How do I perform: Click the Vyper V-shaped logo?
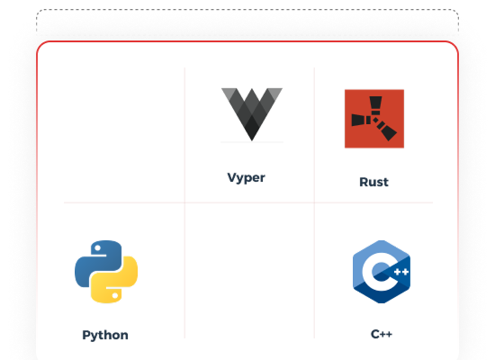252,113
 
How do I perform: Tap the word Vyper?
247,178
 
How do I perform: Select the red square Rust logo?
374,119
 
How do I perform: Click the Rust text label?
373,182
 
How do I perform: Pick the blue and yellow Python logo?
106,272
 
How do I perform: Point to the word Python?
105,335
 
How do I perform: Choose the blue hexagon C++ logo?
382,272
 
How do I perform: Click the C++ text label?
382,334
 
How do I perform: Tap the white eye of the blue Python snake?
97,248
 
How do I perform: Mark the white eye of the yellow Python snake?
115,295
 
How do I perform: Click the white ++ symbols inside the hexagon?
401,272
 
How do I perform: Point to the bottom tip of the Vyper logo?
252,140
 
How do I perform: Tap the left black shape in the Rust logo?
361,120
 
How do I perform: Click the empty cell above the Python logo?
124,135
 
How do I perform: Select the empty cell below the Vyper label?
249,271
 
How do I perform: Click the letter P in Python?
85,335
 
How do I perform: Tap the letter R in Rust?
364,182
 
